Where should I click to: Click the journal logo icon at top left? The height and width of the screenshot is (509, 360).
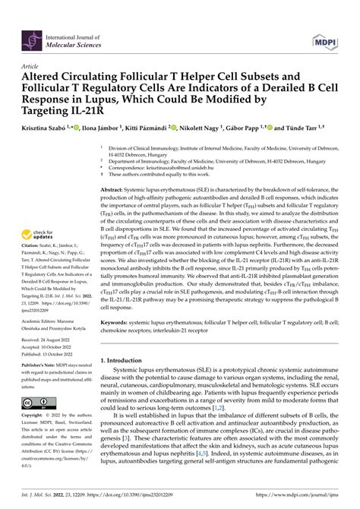[33, 35]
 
